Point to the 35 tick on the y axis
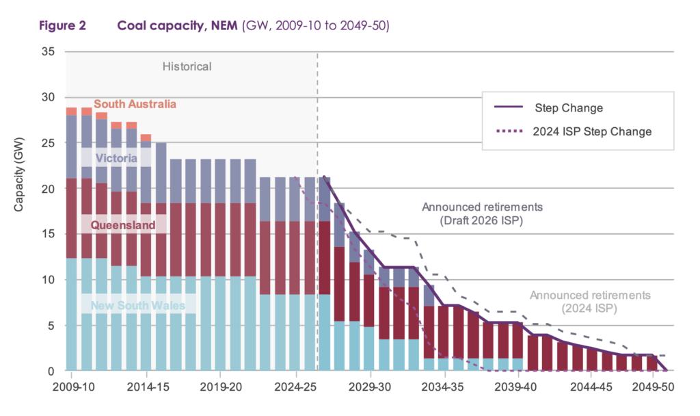[49, 51]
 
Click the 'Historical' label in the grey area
[187, 66]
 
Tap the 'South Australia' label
[135, 104]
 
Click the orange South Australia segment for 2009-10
[71, 112]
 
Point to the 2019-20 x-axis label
[221, 387]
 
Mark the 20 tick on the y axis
[49, 189]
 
